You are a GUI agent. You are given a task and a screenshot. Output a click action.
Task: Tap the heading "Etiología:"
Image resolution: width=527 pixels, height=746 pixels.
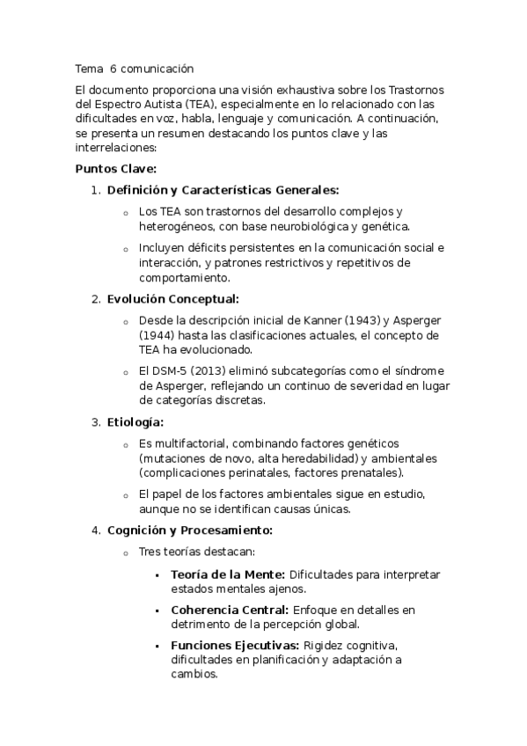click(x=135, y=423)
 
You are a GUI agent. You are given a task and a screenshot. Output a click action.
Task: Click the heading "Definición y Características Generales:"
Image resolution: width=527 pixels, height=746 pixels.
click(x=223, y=190)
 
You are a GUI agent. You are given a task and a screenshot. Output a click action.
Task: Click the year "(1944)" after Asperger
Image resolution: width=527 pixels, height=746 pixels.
click(x=157, y=335)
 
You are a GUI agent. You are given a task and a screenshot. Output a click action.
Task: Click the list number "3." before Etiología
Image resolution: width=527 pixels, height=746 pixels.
click(x=96, y=423)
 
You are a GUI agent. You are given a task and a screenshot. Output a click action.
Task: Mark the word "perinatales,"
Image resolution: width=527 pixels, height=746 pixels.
click(x=251, y=473)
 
